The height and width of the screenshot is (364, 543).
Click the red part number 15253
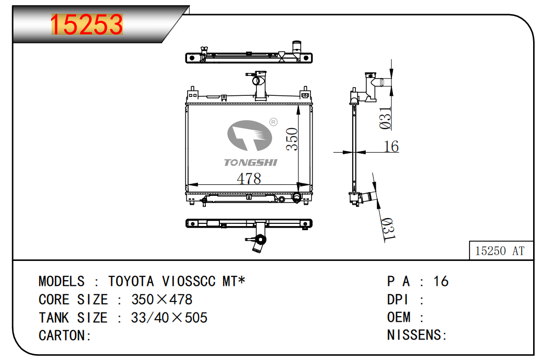[87, 24]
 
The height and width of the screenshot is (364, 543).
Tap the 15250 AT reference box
[501, 250]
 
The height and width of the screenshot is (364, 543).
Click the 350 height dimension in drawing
[292, 139]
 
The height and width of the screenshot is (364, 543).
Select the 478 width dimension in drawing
[249, 179]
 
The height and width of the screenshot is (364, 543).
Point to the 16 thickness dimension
[391, 146]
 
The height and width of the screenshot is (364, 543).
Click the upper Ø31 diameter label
[385, 118]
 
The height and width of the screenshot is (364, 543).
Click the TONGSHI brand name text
[250, 162]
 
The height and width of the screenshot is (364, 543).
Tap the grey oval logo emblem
[249, 135]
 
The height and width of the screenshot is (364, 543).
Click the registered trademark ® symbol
[273, 122]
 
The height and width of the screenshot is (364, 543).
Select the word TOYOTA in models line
[131, 281]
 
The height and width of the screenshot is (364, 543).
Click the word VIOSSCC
[189, 281]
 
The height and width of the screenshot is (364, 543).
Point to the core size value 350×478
[162, 299]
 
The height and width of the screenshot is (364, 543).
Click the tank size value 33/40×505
[169, 318]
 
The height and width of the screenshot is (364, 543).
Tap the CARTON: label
[65, 335]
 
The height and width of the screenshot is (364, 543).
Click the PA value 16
[441, 281]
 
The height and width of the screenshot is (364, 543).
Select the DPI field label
[398, 299]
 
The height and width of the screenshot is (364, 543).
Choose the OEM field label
[399, 317]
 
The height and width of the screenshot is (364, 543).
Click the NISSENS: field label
[417, 335]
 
